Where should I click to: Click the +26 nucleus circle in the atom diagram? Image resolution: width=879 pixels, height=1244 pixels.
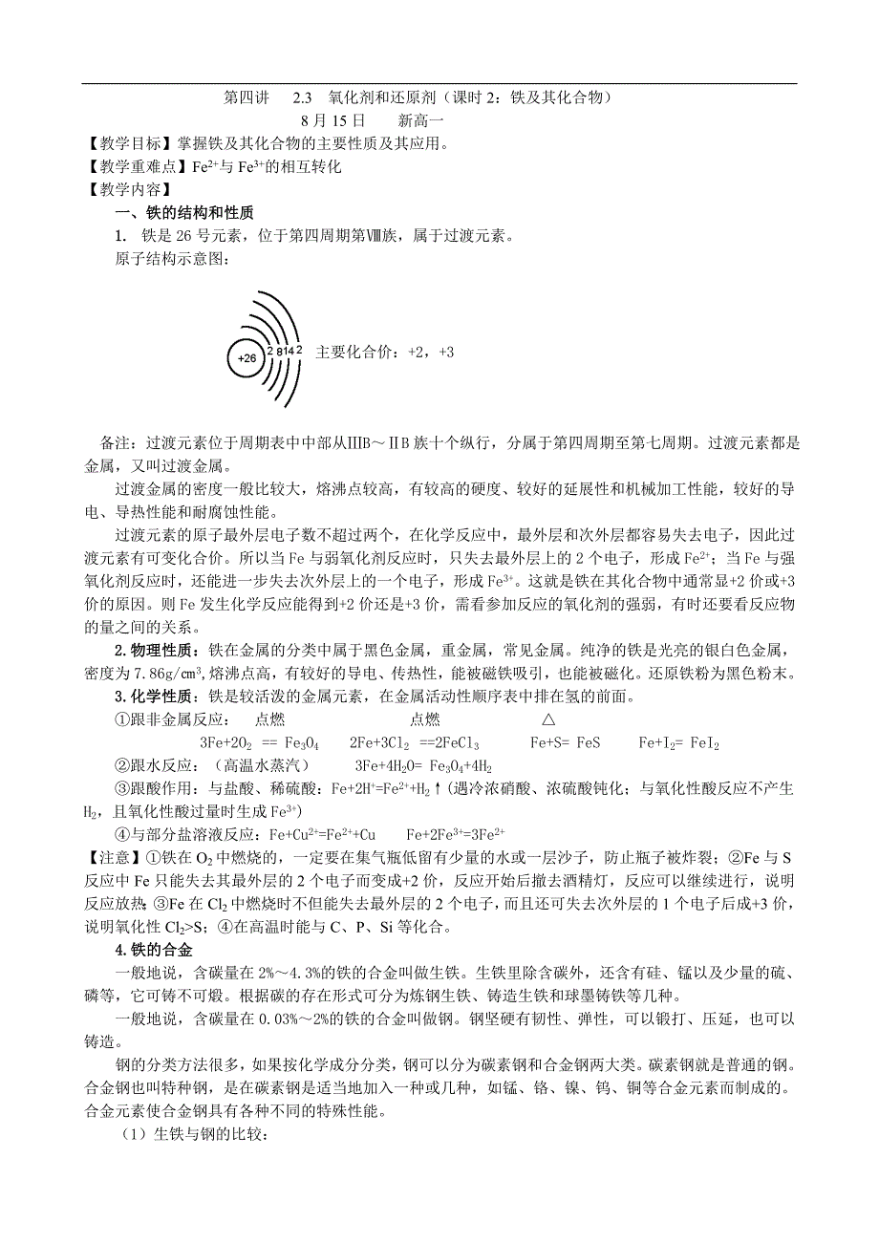[247, 358]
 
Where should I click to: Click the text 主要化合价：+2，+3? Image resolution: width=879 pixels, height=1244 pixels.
[384, 353]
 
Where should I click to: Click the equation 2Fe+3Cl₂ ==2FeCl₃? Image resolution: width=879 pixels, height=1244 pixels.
[415, 742]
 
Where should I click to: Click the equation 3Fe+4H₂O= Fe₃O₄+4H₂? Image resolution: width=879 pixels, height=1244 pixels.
[423, 765]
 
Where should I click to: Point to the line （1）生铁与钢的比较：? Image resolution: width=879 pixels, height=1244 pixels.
[192, 1134]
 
